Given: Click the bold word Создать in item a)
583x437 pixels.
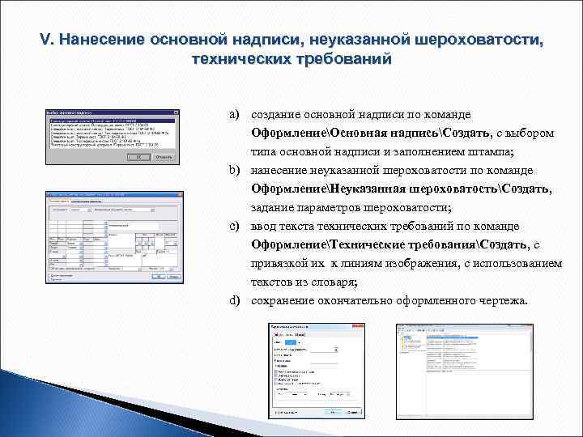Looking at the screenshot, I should [466, 134].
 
